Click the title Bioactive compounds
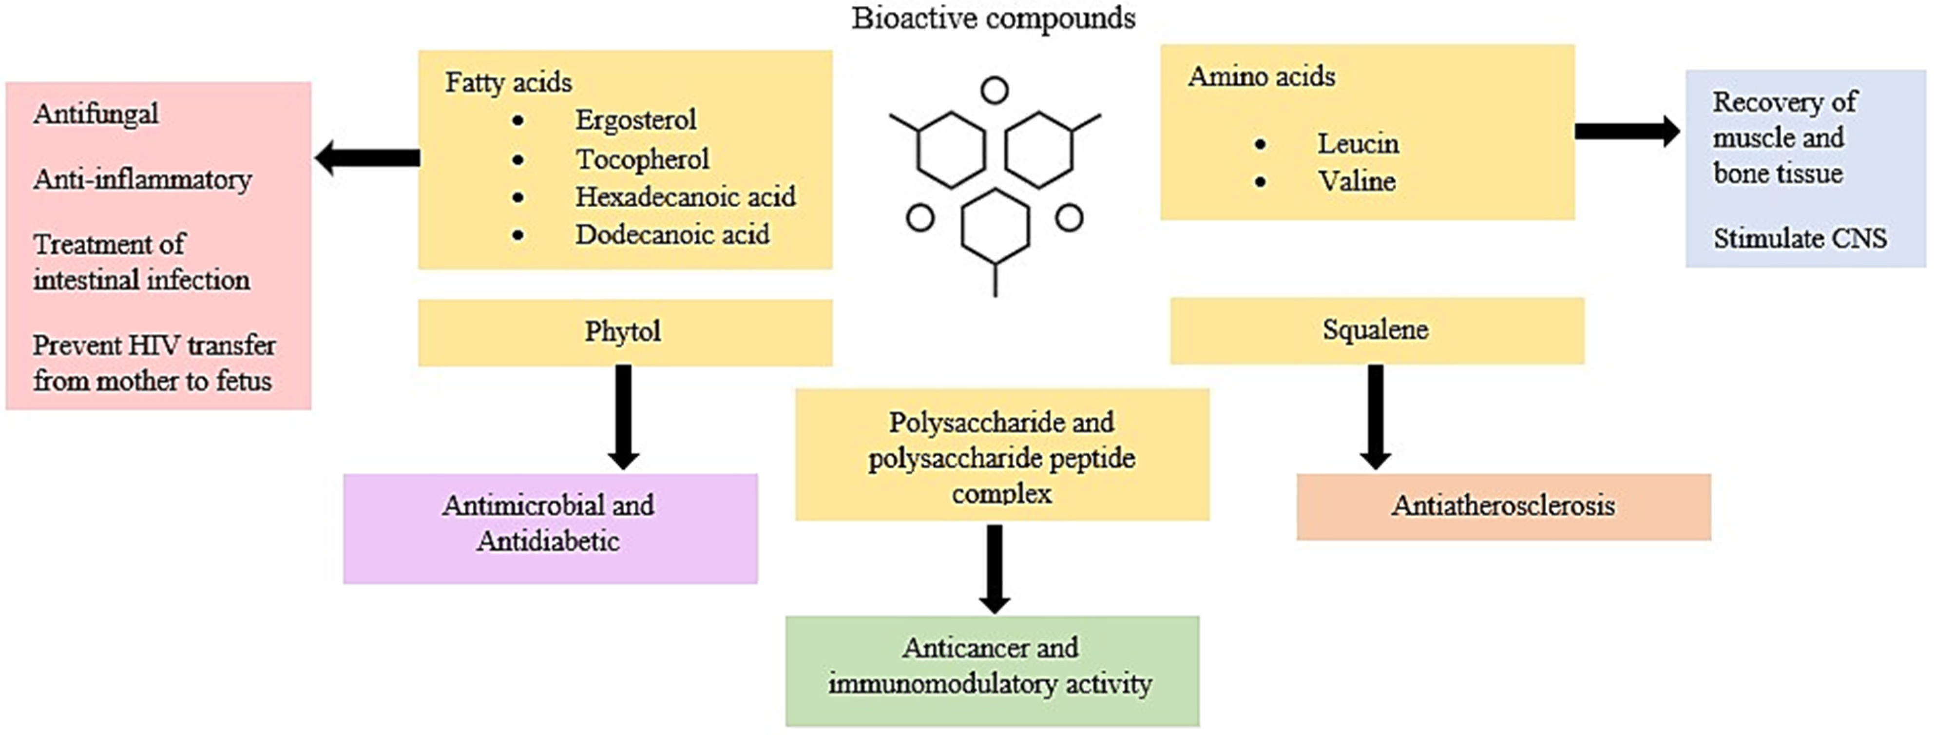click(993, 18)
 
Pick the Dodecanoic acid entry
click(672, 234)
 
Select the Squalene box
click(1376, 330)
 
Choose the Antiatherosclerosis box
click(1503, 506)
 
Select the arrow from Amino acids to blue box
click(1626, 131)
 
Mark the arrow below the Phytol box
click(623, 416)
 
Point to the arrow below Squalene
click(1376, 416)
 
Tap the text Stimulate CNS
click(1800, 239)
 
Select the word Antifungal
click(96, 114)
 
